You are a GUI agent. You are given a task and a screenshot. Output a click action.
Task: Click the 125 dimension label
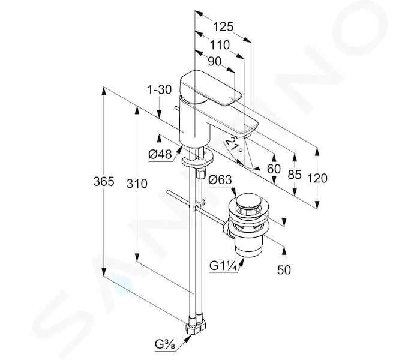tap(223, 27)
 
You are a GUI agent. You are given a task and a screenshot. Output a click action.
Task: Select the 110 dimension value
tap(220, 45)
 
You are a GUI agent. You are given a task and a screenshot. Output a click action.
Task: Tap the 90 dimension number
tap(215, 62)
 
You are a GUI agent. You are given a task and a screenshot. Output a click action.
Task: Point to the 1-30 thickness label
tap(160, 89)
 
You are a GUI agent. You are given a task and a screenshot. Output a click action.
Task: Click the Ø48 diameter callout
tap(160, 154)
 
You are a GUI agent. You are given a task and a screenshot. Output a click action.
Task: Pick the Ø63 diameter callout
tap(220, 180)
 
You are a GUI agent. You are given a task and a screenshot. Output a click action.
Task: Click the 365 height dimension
tap(104, 182)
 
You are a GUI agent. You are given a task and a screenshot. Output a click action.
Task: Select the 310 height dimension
tap(137, 184)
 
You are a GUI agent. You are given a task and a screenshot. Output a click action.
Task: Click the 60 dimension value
tap(274, 169)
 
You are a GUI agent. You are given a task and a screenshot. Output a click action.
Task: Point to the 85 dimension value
tap(295, 175)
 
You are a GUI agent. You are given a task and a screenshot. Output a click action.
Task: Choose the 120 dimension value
tap(317, 178)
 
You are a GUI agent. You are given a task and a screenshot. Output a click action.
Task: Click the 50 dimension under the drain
tap(284, 270)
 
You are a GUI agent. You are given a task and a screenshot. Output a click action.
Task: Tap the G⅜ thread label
tap(165, 344)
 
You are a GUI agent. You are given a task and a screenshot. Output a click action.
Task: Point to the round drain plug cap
tap(248, 201)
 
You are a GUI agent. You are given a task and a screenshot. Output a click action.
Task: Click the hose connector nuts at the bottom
tap(196, 325)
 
